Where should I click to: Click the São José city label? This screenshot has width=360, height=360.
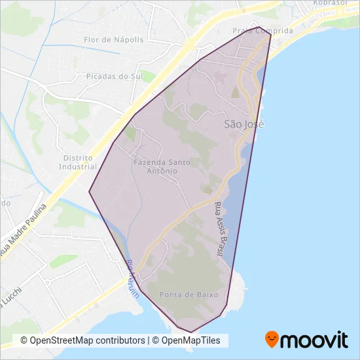244,123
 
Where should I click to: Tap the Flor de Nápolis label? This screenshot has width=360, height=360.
114,40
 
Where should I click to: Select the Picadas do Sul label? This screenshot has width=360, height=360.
115,76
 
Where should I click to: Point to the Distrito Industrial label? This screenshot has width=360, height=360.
78,162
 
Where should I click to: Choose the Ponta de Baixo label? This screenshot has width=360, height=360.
188,295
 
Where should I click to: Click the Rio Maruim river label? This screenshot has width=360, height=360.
133,280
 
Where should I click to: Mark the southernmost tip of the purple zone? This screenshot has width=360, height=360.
191,333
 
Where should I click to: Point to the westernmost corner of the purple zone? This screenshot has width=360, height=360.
89,192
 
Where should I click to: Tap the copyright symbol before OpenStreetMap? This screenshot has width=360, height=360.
24,340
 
